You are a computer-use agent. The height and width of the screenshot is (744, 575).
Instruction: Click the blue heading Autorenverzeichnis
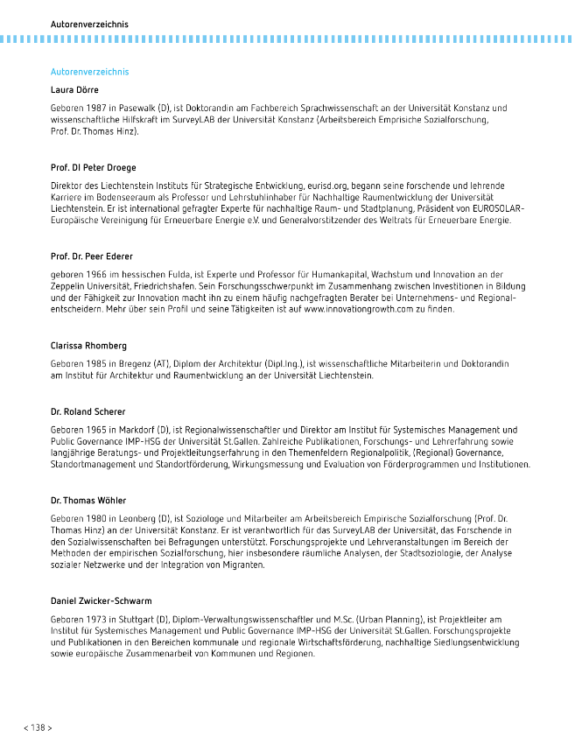click(x=90, y=71)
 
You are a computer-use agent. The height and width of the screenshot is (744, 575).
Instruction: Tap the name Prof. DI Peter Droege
click(x=94, y=167)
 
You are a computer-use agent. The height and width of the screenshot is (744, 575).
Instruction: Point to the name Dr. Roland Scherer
click(x=88, y=411)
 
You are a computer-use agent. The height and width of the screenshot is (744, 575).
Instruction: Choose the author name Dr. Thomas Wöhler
click(x=88, y=501)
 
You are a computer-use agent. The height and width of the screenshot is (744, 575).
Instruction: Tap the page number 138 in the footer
click(x=38, y=727)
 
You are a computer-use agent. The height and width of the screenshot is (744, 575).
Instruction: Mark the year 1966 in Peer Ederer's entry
click(x=104, y=275)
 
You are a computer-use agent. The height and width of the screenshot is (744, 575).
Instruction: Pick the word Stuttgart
click(x=136, y=620)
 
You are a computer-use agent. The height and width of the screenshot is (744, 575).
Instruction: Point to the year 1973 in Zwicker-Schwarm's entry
click(x=103, y=620)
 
